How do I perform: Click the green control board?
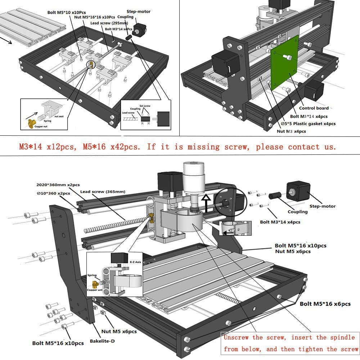click(284, 67)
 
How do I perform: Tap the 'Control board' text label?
click(314, 108)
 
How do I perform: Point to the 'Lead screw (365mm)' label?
click(103, 192)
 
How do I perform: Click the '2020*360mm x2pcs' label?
click(58, 185)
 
